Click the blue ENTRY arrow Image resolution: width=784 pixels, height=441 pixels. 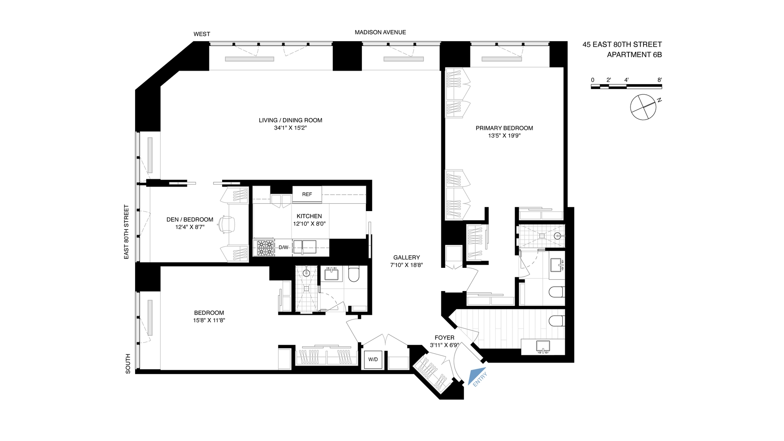(x=475, y=376)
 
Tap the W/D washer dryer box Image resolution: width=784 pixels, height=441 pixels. (x=373, y=360)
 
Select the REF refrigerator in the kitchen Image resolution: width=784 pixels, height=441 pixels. (x=307, y=194)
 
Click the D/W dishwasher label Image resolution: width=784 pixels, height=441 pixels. (x=283, y=247)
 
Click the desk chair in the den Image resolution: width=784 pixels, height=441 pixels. (x=227, y=224)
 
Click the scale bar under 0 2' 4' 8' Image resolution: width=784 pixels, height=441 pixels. (x=626, y=86)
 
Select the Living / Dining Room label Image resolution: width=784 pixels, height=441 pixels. (x=290, y=120)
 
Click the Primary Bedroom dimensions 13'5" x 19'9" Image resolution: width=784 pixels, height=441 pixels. (x=504, y=136)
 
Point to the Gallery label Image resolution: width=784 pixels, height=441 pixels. (x=406, y=257)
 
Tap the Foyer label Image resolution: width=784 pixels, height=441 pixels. (x=444, y=338)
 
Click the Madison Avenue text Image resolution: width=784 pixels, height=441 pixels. (x=380, y=32)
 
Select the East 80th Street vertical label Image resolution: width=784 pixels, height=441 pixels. (x=127, y=232)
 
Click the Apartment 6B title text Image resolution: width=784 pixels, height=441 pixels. (x=634, y=54)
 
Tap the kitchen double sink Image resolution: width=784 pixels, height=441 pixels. (x=304, y=247)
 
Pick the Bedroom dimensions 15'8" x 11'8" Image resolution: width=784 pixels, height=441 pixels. (x=209, y=321)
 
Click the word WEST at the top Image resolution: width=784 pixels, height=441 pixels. (x=202, y=34)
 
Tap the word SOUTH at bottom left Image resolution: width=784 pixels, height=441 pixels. (x=128, y=363)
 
